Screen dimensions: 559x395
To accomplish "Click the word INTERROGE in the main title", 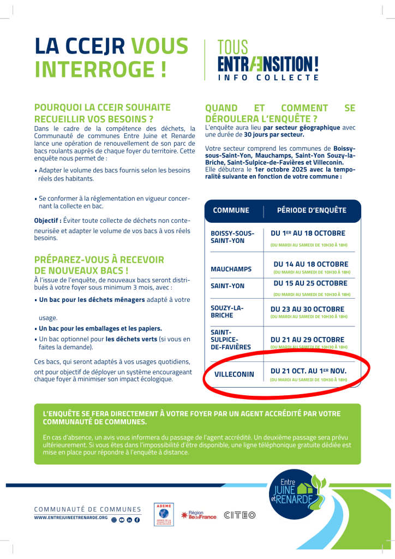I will pyautogui.click(x=100, y=69).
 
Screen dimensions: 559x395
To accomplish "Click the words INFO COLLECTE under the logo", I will pyautogui.click(x=268, y=78).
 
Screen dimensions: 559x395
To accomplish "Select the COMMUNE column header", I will pyautogui.click(x=231, y=210).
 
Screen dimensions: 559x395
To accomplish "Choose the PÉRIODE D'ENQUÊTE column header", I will pyautogui.click(x=311, y=210).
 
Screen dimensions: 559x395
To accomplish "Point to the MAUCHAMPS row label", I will pyautogui.click(x=231, y=269).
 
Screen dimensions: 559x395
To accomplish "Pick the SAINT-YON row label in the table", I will pyautogui.click(x=228, y=286).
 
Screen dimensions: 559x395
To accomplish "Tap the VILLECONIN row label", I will pyautogui.click(x=234, y=375).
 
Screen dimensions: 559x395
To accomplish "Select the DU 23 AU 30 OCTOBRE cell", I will pyautogui.click(x=307, y=309).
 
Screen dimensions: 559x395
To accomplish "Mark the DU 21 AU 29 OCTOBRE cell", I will pyautogui.click(x=307, y=340).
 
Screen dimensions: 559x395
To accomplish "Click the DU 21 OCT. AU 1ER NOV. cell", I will pyautogui.click(x=308, y=371).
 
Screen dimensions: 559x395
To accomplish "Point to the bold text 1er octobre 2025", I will pyautogui.click(x=278, y=170).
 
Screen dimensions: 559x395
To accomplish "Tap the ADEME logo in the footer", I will pyautogui.click(x=164, y=514).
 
